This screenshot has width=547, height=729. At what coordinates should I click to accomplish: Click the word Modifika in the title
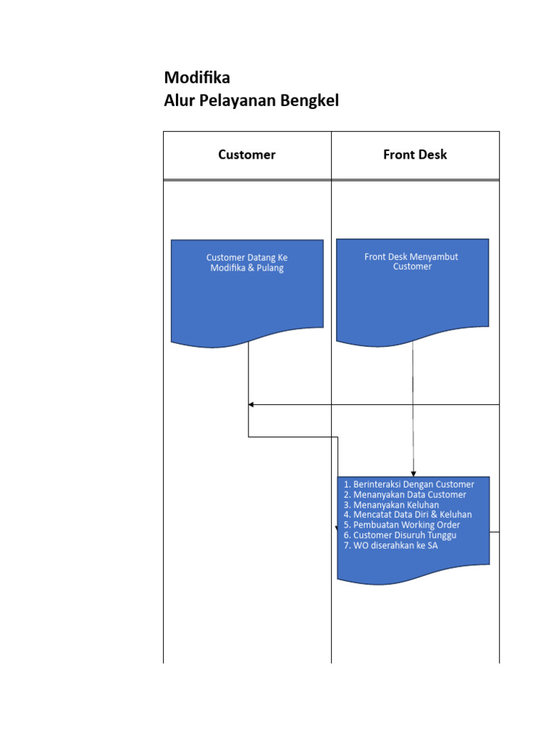(x=197, y=78)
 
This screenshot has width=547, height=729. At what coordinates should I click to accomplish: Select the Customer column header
(x=246, y=154)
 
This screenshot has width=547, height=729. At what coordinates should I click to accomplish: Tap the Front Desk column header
(x=415, y=154)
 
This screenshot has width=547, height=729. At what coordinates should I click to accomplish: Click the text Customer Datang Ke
(x=246, y=257)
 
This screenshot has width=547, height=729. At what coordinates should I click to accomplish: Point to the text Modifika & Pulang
(x=246, y=268)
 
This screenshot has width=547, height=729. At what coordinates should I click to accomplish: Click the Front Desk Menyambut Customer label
(x=412, y=261)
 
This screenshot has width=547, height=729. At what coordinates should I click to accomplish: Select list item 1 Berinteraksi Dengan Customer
(x=408, y=484)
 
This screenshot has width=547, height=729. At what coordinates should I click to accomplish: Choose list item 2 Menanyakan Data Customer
(x=405, y=494)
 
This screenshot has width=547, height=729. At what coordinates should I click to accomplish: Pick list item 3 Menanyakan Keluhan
(x=391, y=505)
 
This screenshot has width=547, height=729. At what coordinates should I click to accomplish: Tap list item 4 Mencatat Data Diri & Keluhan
(x=407, y=515)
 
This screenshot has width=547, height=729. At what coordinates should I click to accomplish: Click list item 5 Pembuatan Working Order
(x=402, y=525)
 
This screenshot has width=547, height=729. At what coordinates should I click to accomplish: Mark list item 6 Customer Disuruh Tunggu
(x=400, y=535)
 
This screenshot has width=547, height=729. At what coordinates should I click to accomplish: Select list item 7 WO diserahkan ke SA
(x=390, y=545)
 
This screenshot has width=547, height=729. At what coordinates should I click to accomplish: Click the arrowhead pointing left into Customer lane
(x=251, y=404)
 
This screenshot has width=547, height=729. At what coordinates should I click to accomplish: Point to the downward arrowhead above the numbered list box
(x=413, y=473)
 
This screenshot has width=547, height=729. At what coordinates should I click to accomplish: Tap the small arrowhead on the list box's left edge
(x=337, y=528)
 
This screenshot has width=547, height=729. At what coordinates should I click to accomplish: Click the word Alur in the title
(x=179, y=101)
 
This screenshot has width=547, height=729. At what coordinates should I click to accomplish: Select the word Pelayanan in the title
(x=238, y=101)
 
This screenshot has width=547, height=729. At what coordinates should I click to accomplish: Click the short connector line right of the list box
(x=494, y=531)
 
